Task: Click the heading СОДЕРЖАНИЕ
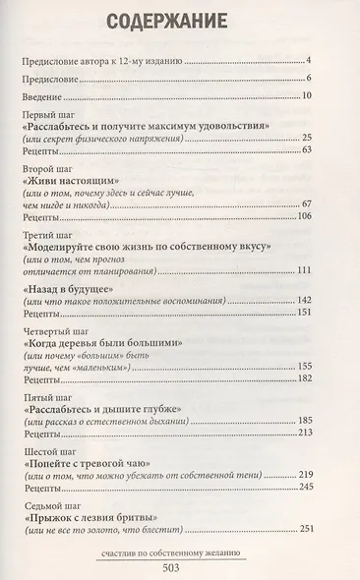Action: (x=179, y=20)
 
